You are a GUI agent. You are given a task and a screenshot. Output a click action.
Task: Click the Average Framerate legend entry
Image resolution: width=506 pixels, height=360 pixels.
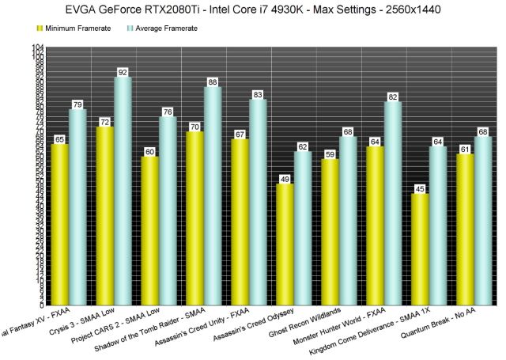pyautogui.click(x=162, y=28)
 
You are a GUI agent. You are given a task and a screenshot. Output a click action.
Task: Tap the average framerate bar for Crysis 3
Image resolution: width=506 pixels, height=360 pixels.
pyautogui.click(x=123, y=190)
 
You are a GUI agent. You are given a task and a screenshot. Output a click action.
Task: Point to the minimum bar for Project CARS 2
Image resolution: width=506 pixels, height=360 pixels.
pyautogui.click(x=150, y=230)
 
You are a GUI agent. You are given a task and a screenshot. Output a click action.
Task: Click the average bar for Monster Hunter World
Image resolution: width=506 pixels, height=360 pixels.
pyautogui.click(x=393, y=203)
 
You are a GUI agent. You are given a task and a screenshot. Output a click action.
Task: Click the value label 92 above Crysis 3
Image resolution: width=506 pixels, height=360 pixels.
pyautogui.click(x=123, y=72)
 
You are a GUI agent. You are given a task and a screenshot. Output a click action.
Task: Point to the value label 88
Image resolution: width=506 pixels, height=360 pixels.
pyautogui.click(x=213, y=81)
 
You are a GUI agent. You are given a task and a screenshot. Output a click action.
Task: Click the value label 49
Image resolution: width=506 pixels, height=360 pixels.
pyautogui.click(x=285, y=179)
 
